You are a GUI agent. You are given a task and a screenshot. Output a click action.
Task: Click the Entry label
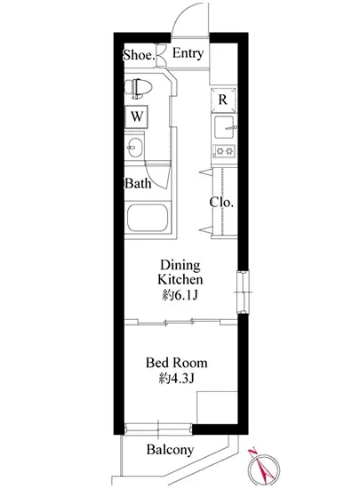pos(188,53)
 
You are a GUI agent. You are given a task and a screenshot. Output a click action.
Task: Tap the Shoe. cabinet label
pos(139,55)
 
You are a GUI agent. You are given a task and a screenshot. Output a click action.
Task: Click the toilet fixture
pos(139,89)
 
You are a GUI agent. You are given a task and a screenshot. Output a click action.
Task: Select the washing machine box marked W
pos(137,116)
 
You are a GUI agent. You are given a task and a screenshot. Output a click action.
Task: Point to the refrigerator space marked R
pos(223,100)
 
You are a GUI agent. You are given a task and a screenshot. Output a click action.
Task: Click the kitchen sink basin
pos(224,127)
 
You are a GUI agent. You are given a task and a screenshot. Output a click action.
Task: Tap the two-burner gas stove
pos(224,151)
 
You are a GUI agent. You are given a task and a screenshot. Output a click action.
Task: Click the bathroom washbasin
pos(134,148)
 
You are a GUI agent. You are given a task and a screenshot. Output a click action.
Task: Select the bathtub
pos(148,218)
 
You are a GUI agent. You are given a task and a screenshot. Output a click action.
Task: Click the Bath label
pos(138,183)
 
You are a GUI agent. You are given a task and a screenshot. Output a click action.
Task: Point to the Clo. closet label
pos(221,202)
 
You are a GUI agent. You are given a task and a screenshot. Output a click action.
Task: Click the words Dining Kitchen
pos(180,272)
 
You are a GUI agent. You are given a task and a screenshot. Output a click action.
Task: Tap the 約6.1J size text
pos(180,295)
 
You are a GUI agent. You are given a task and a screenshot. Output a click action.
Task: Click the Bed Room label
pos(177,363)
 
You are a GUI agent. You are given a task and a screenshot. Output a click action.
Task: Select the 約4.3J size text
pos(177,378)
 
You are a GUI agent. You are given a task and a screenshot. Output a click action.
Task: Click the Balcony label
pos(170,449)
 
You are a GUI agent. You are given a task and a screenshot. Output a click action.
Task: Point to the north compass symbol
pos(264,468)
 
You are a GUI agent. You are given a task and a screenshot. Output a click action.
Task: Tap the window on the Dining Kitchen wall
pos(244,293)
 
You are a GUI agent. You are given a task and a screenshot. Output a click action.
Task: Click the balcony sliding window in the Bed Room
pos(158,429)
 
